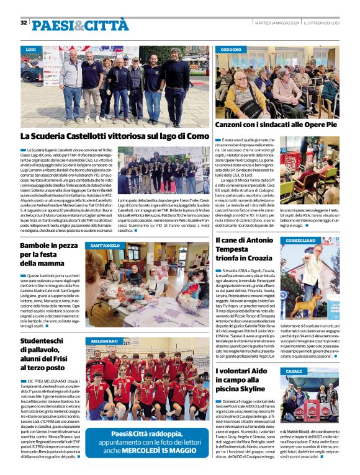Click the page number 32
point(24,23)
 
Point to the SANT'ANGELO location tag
point(105,246)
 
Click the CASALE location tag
point(294,371)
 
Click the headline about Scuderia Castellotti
point(114,136)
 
